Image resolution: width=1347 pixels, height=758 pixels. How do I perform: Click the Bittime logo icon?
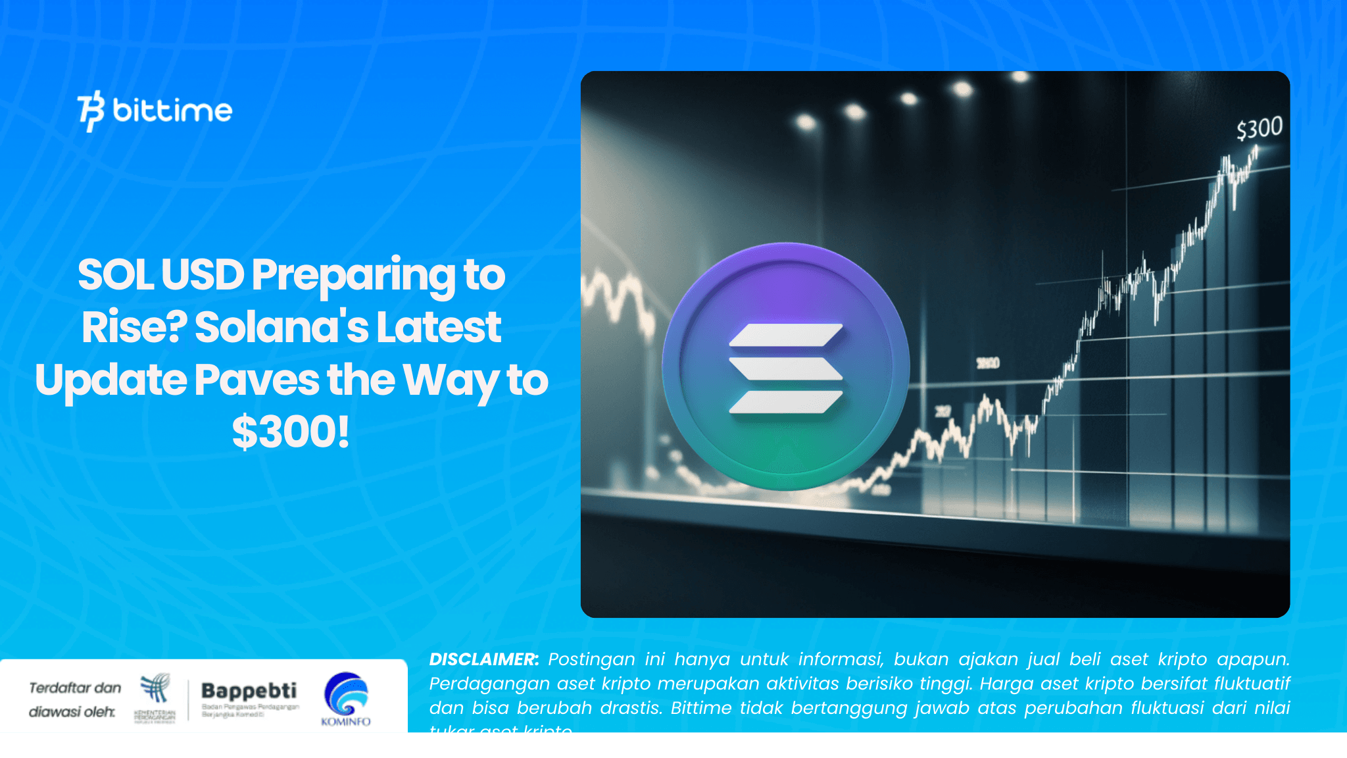point(91,111)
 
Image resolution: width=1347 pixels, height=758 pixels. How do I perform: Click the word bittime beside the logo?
point(172,111)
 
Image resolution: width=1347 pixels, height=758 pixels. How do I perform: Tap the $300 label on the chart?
point(1259,128)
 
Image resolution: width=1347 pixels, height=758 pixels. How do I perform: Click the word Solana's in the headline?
point(282,327)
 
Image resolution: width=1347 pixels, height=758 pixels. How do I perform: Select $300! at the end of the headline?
point(291,432)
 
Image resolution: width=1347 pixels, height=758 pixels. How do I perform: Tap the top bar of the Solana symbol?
point(786,335)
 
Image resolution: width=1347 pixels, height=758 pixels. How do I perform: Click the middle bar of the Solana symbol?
point(786,368)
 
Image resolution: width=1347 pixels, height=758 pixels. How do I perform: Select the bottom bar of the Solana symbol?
point(786,402)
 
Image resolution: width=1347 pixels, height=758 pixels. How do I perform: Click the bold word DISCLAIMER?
point(484,659)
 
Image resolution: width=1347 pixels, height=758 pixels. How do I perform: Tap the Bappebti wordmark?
point(249,691)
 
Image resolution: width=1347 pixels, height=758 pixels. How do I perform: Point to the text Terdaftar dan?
point(75,688)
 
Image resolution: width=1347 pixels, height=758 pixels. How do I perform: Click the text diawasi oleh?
point(72,712)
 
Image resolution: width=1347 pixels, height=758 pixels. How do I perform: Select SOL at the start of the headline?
point(116,275)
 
